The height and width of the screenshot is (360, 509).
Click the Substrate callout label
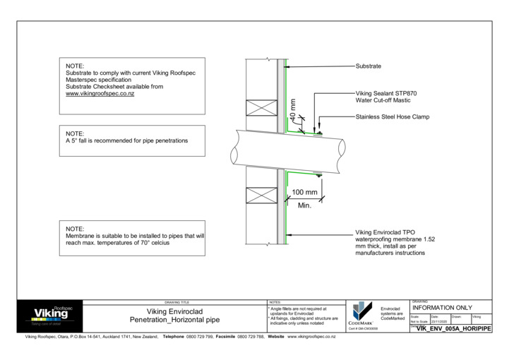coord(368,66)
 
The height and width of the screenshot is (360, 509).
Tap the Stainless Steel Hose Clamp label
coord(392,117)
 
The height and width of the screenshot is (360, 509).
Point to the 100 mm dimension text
coord(304,192)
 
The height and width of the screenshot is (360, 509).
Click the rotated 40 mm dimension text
coord(293,109)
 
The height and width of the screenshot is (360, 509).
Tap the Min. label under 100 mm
coord(304,205)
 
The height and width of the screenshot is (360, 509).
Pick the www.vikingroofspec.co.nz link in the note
coord(100,93)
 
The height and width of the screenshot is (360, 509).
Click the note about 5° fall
coord(127,140)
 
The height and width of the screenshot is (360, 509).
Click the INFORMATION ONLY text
coord(441,308)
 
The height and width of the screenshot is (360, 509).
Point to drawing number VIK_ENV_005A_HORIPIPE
coord(454,328)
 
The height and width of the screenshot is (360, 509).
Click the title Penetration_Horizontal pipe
coord(174,320)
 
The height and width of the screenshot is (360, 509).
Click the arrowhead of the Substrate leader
coord(286,66)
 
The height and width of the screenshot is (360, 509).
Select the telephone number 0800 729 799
coord(201,337)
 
